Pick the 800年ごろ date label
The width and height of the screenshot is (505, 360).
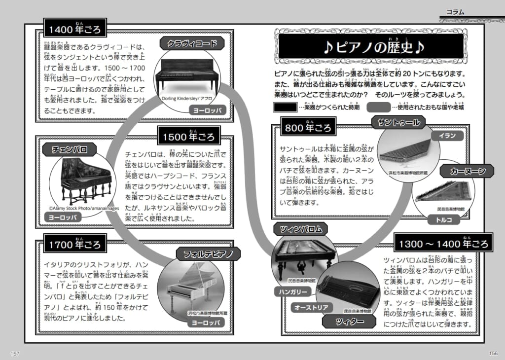pyautogui.click(x=308, y=128)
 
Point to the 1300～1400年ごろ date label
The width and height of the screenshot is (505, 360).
pyautogui.click(x=443, y=244)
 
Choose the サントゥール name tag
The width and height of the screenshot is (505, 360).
pyautogui.click(x=399, y=122)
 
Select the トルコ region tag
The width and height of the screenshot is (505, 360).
pyautogui.click(x=447, y=220)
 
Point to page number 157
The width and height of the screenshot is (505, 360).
pyautogui.click(x=15, y=353)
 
